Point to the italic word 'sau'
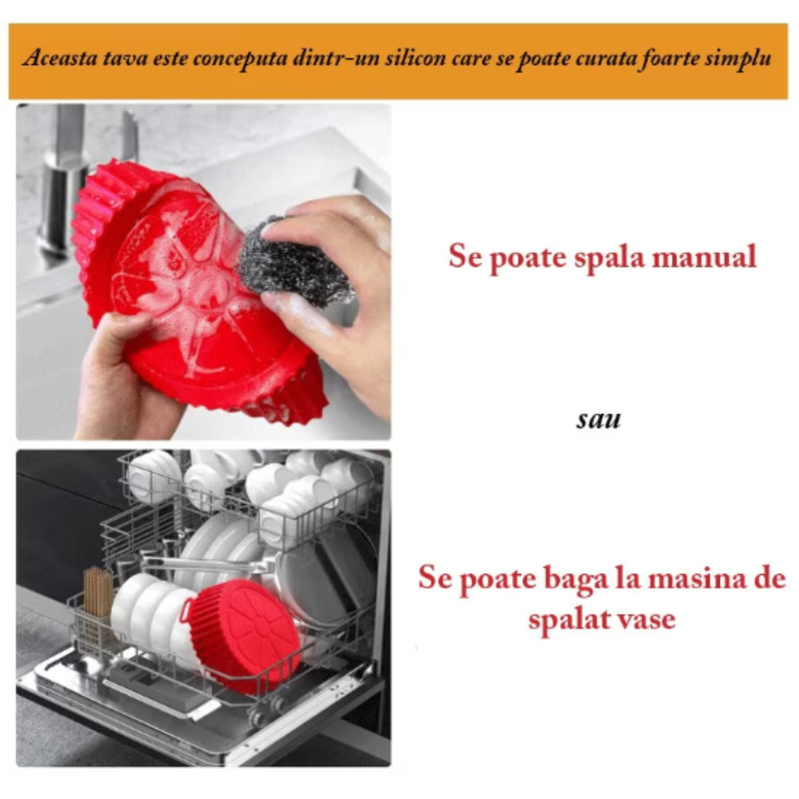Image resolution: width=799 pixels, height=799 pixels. coord(599,419)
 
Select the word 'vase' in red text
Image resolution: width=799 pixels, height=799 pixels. coord(643,618)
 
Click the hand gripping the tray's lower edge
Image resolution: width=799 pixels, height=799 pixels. coord(126,377)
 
